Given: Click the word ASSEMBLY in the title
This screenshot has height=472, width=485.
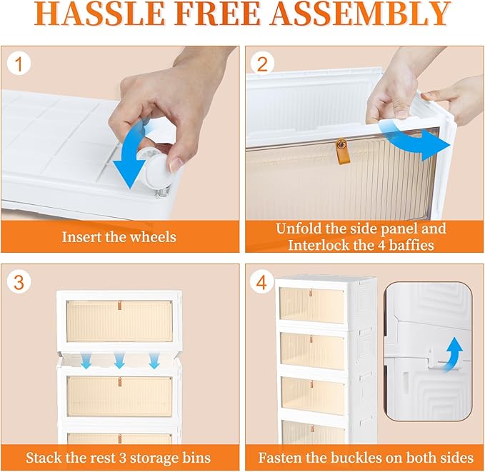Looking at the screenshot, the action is [x=360, y=14].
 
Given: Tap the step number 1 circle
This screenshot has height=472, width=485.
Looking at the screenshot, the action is [x=19, y=65].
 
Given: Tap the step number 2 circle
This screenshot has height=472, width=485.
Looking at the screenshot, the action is [x=262, y=65].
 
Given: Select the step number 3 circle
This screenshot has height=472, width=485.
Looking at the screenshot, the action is [x=19, y=282].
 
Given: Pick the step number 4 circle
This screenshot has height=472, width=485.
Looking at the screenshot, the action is [x=262, y=282].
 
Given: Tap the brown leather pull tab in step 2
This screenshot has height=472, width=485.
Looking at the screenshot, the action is [x=341, y=151].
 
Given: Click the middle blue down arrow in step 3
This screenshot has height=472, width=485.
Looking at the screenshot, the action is [x=119, y=361].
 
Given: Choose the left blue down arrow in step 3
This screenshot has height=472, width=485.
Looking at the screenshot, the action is [x=86, y=361].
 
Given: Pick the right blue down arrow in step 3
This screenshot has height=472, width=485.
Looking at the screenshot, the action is [x=154, y=361].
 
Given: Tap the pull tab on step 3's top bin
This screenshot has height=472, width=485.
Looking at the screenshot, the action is [x=119, y=306].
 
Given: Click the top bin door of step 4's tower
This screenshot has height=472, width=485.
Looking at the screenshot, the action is [x=311, y=306].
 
